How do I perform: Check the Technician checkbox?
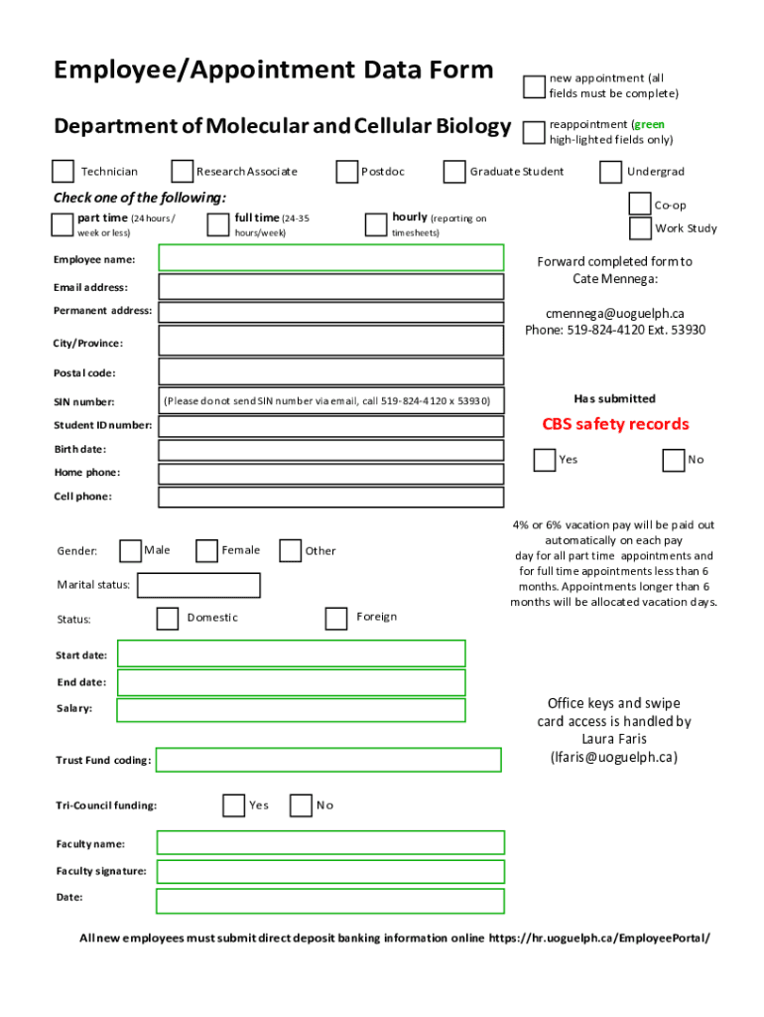click(64, 172)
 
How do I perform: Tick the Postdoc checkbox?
click(346, 172)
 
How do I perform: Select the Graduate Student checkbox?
click(454, 172)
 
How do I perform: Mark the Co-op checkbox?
click(640, 205)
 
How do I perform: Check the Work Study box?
click(640, 228)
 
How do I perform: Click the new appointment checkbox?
click(535, 86)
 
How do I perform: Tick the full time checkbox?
click(217, 224)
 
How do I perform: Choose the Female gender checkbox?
click(206, 550)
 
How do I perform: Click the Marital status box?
click(198, 585)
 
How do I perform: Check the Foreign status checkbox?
click(336, 618)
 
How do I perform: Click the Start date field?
click(291, 654)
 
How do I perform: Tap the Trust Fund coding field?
click(328, 760)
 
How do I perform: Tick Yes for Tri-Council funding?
click(233, 804)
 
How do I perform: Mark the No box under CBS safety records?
click(674, 460)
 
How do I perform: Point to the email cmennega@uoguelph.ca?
click(615, 313)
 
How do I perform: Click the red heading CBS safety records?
click(615, 424)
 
